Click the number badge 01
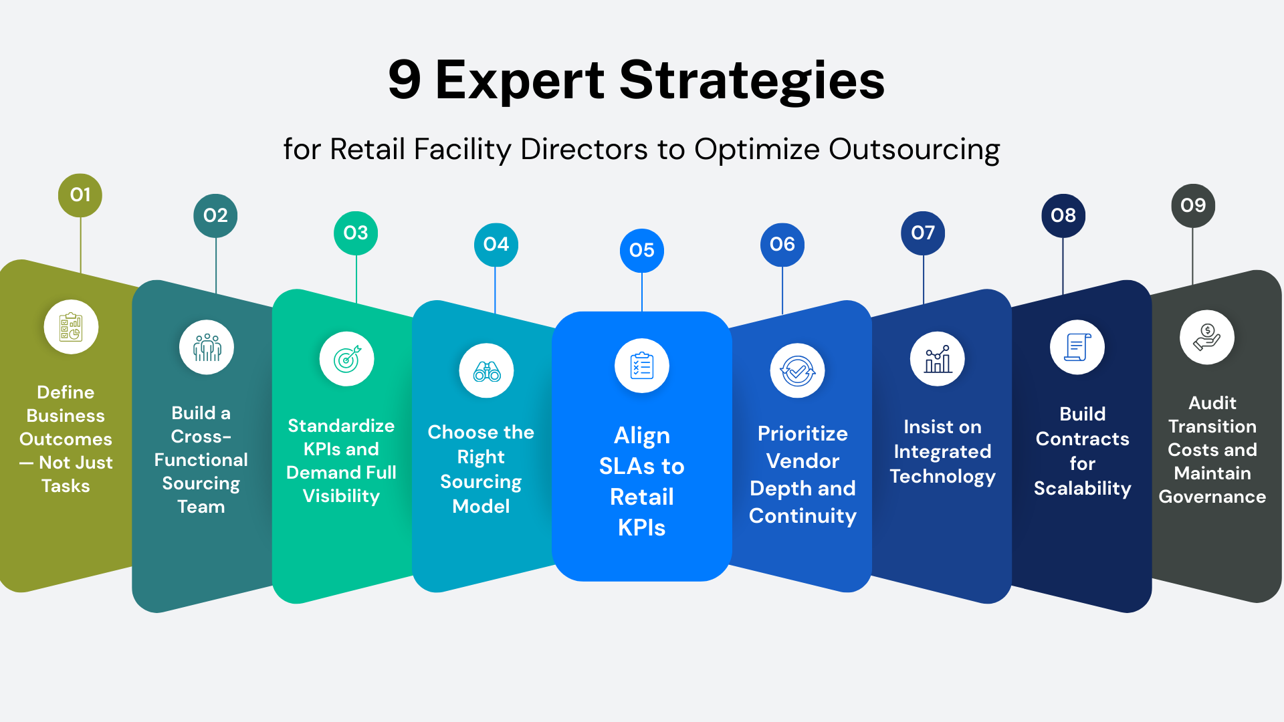tap(80, 195)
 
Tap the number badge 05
tap(642, 251)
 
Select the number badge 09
tap(1193, 206)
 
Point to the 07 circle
tap(923, 233)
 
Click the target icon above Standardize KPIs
tap(347, 359)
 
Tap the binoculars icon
tap(487, 370)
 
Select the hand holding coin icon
tap(1207, 337)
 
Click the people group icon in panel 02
tap(207, 348)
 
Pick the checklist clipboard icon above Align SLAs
tap(642, 366)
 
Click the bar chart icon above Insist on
tap(938, 359)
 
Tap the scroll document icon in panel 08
tap(1077, 348)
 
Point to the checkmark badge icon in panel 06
tap(798, 370)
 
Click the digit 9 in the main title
tap(405, 80)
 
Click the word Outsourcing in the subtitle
tap(914, 150)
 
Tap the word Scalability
tap(1083, 489)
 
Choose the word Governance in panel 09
tap(1212, 497)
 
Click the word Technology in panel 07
tap(943, 477)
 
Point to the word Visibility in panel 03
tap(341, 496)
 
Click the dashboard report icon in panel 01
tap(71, 327)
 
